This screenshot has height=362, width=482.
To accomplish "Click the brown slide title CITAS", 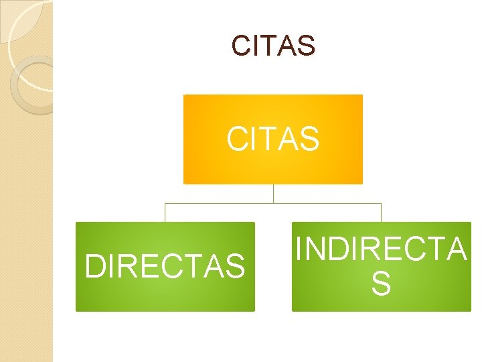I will [273, 46].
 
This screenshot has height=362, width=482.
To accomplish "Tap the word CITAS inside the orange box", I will [273, 139].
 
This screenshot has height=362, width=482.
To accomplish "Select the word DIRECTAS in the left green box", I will [165, 266].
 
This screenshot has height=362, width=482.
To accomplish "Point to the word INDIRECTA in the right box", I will [381, 249].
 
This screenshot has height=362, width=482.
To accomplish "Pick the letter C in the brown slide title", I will [240, 46].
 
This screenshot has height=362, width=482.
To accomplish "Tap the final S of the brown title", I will [306, 46].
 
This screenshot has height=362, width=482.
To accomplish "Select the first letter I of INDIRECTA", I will [299, 249].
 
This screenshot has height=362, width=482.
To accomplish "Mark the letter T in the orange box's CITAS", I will [270, 139].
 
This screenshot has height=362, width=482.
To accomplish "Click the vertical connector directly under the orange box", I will [273, 193].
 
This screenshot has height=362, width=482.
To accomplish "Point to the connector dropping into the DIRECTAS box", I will [165, 213].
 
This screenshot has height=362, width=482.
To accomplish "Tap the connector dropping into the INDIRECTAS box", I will [381, 213].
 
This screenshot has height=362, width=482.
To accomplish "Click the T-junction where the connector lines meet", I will [273, 203].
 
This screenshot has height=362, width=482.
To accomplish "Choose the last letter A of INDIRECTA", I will [456, 249].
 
